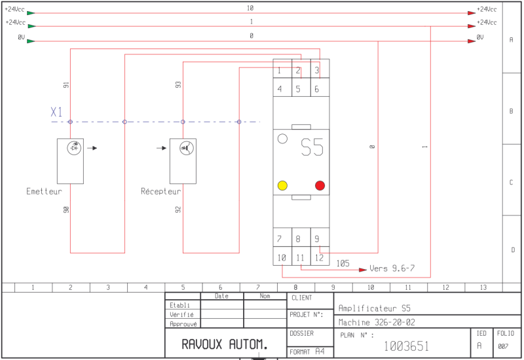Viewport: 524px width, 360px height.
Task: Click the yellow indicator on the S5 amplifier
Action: coord(282,185)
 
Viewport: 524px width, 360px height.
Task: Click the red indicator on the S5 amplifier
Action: coord(320,185)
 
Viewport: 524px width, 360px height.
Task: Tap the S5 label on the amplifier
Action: coord(312,147)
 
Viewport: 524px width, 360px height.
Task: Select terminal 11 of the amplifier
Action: coord(300,258)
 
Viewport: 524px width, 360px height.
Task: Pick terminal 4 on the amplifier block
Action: coord(280,89)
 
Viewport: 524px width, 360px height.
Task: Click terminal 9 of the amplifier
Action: coord(317,239)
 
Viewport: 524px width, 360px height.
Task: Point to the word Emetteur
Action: coord(44,191)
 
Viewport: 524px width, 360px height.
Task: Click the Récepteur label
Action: coord(160,191)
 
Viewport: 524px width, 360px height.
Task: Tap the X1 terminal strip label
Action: coord(56,112)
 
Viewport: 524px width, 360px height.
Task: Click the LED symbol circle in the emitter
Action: coord(74,148)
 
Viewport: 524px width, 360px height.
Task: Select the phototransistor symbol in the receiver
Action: coord(187,148)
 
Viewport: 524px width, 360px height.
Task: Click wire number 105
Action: coord(343,264)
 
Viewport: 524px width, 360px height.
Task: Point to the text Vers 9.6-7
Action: coord(392,268)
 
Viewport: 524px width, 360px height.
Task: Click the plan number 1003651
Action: coord(406,346)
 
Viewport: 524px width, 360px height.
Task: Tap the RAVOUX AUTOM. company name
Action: coord(225,344)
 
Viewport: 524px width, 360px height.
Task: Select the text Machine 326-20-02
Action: coord(377,322)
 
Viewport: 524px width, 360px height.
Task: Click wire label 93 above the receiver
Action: coord(178,84)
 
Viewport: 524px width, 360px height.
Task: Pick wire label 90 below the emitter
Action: coord(66,209)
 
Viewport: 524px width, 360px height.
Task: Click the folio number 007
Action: coord(503,347)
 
